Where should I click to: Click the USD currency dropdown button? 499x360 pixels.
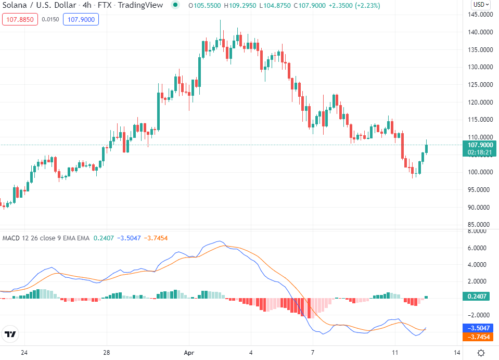(x=480, y=5)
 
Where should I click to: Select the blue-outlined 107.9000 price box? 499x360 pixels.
(x=81, y=20)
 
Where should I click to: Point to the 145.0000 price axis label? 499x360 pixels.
(x=480, y=15)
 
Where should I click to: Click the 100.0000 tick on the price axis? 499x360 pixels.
(x=480, y=172)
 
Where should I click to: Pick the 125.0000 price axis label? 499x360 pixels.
(x=480, y=85)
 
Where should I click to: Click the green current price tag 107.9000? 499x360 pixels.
(x=480, y=145)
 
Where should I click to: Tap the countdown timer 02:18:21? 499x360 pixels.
(x=480, y=152)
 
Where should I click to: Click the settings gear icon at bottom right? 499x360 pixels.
(x=481, y=353)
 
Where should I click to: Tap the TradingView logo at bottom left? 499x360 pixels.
(x=10, y=334)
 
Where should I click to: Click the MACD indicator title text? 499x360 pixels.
(x=46, y=238)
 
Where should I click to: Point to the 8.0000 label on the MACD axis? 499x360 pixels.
(x=480, y=231)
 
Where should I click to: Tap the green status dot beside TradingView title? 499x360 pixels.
(x=175, y=5)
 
